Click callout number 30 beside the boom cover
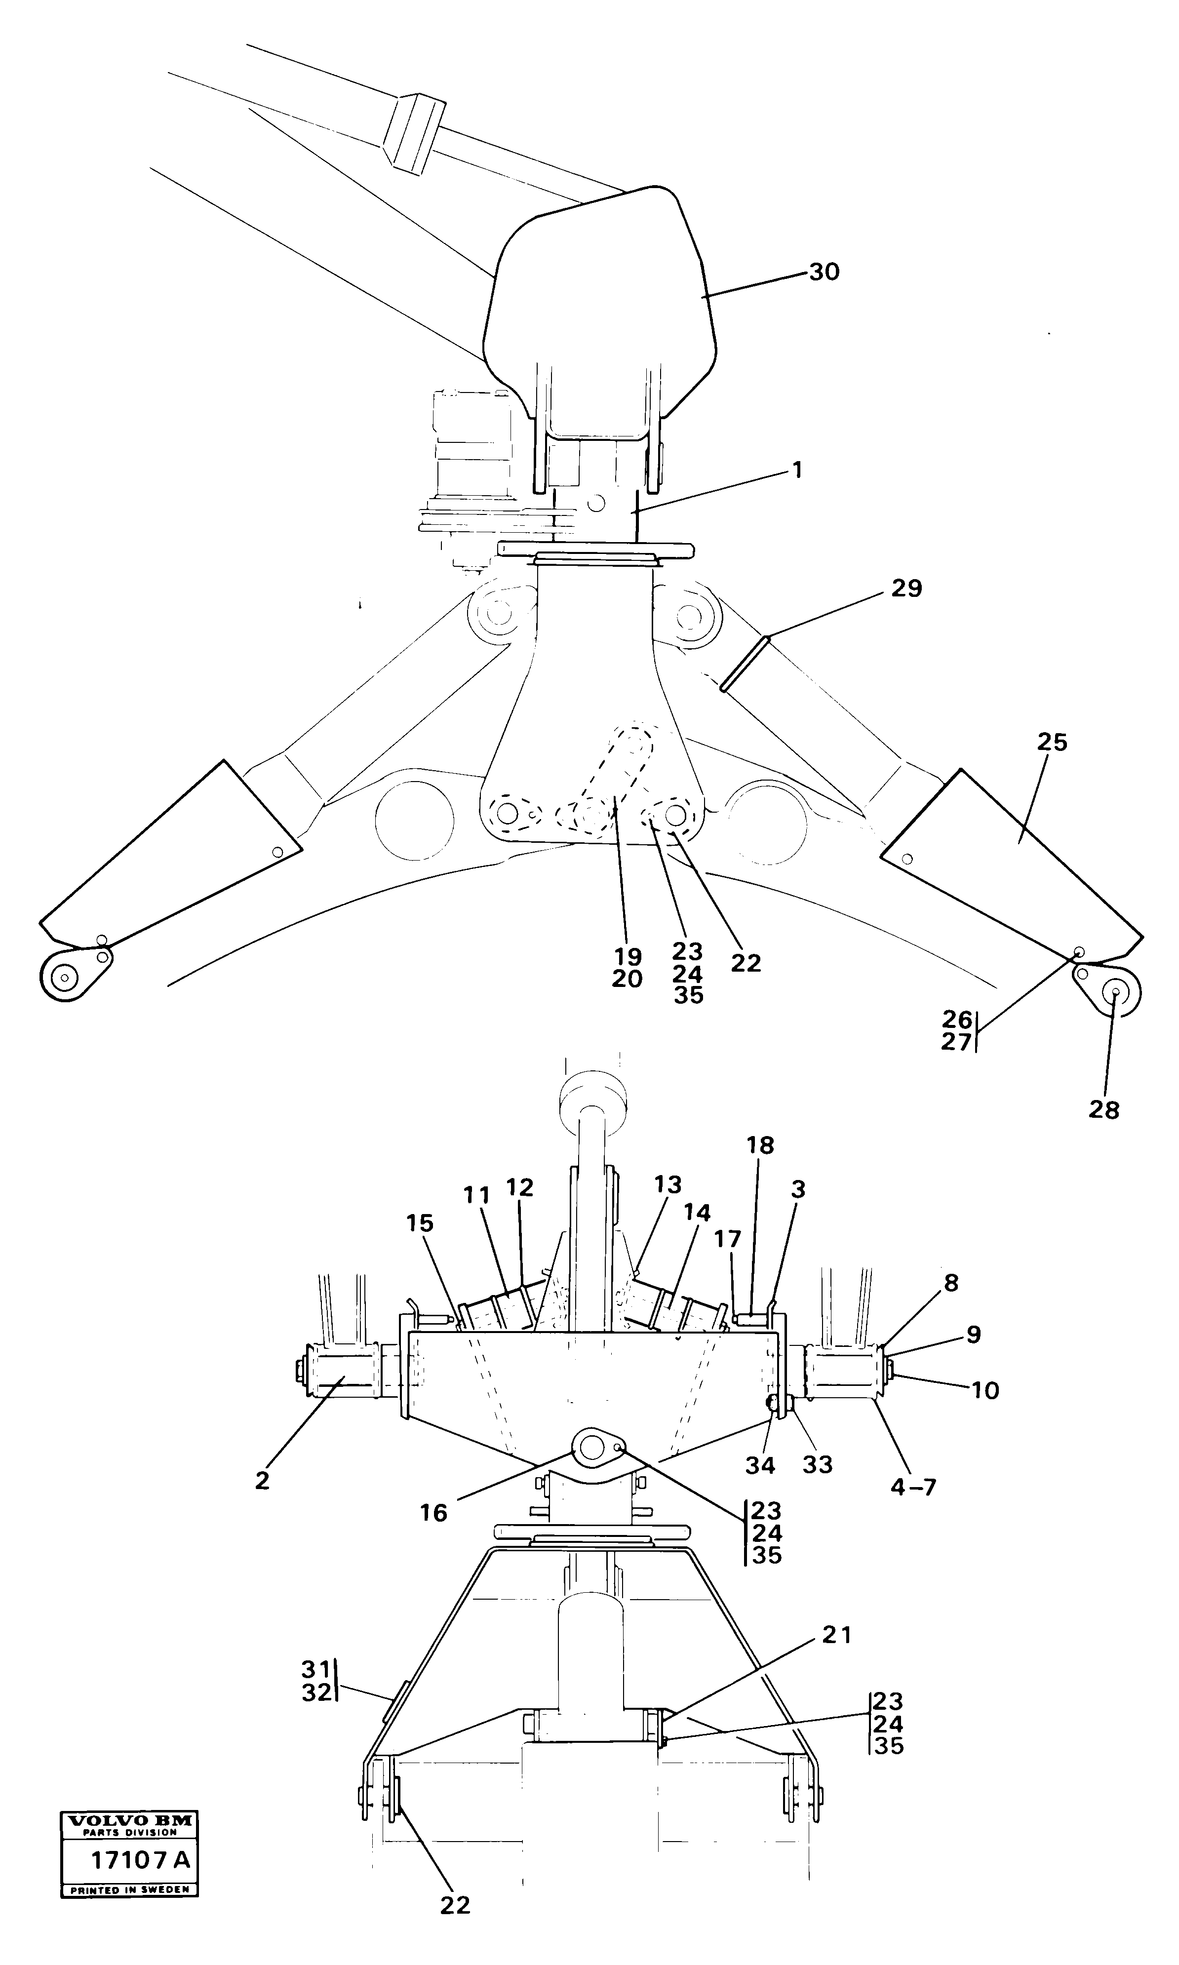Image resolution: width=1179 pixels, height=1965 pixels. (824, 273)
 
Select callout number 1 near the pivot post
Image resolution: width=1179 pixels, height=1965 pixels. (797, 471)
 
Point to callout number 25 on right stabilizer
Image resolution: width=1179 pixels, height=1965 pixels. (1052, 743)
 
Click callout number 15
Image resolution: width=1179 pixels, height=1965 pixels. (420, 1223)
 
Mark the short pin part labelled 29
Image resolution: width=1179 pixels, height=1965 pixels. (745, 663)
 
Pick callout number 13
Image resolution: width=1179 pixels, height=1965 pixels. (668, 1184)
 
